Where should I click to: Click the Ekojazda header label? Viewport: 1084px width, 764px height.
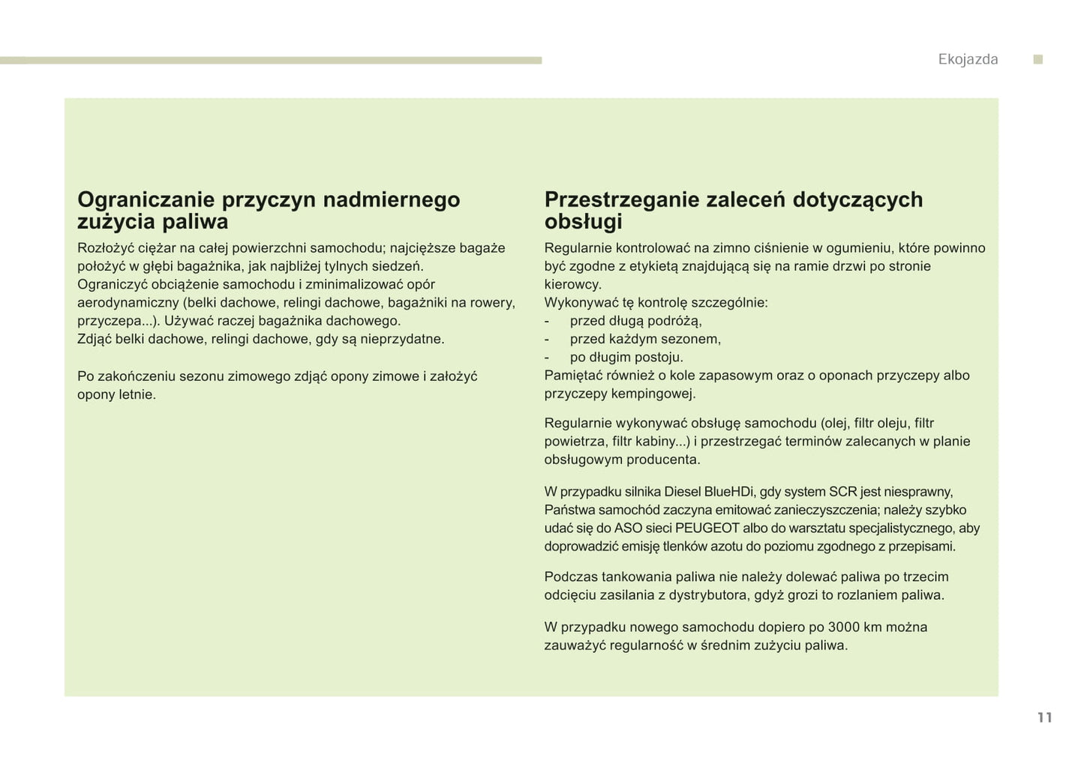tap(968, 60)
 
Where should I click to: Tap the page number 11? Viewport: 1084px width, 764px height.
tap(1044, 718)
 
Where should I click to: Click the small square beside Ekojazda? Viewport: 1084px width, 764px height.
tap(1038, 60)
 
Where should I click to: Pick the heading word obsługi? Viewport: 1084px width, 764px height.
tap(583, 222)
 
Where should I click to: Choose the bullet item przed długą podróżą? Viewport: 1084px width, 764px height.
tap(635, 321)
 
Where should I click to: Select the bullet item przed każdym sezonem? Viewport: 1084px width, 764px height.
tap(645, 339)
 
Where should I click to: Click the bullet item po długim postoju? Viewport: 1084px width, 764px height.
tap(626, 358)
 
